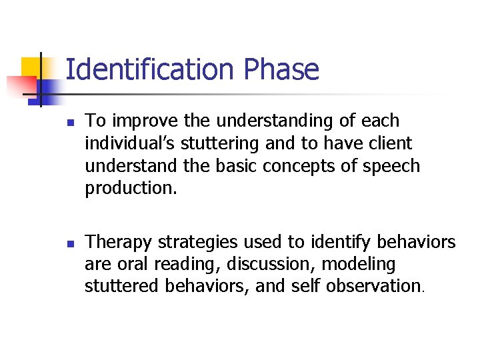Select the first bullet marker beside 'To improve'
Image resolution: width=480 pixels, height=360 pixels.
point(70,123)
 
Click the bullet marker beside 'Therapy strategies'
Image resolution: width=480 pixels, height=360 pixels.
point(70,243)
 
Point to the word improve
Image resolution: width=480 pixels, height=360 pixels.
point(139,121)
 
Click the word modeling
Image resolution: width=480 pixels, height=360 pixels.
point(359,264)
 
